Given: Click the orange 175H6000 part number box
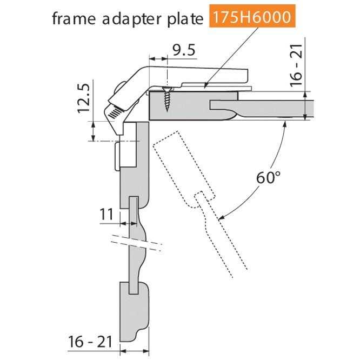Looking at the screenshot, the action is [x=252, y=16].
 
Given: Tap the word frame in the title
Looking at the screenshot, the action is [x=74, y=18].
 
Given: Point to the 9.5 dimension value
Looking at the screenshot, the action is [x=184, y=50].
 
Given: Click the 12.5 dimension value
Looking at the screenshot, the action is [x=83, y=98].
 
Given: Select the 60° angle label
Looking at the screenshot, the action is [x=268, y=177].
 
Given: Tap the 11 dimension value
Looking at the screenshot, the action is [x=106, y=214].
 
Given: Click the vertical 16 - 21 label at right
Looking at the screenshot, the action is [x=296, y=65].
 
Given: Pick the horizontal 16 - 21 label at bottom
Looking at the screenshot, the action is [x=90, y=342].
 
